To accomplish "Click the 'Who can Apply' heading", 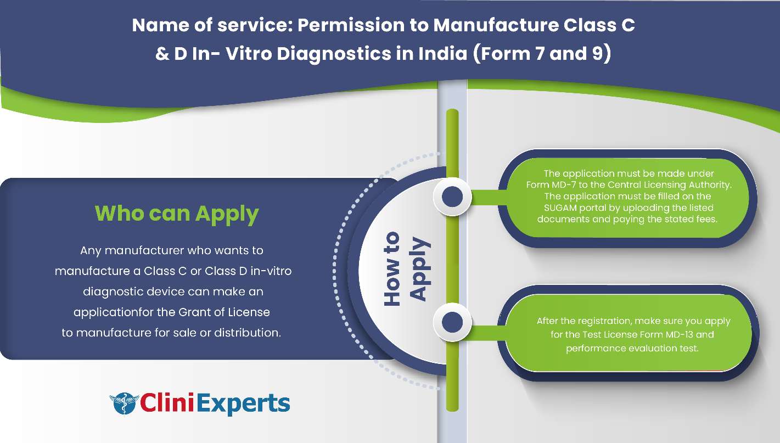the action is pos(177,214).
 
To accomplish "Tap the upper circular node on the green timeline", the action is pos(452,197).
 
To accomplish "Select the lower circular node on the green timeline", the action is pos(452,322).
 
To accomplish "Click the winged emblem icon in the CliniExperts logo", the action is pos(124,403).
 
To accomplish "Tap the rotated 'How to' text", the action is pos(392,269).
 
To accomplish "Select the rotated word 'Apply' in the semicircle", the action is pos(419,269).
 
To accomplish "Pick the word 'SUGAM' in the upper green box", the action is pos(560,208).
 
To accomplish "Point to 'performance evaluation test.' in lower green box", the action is pos(632,348).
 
